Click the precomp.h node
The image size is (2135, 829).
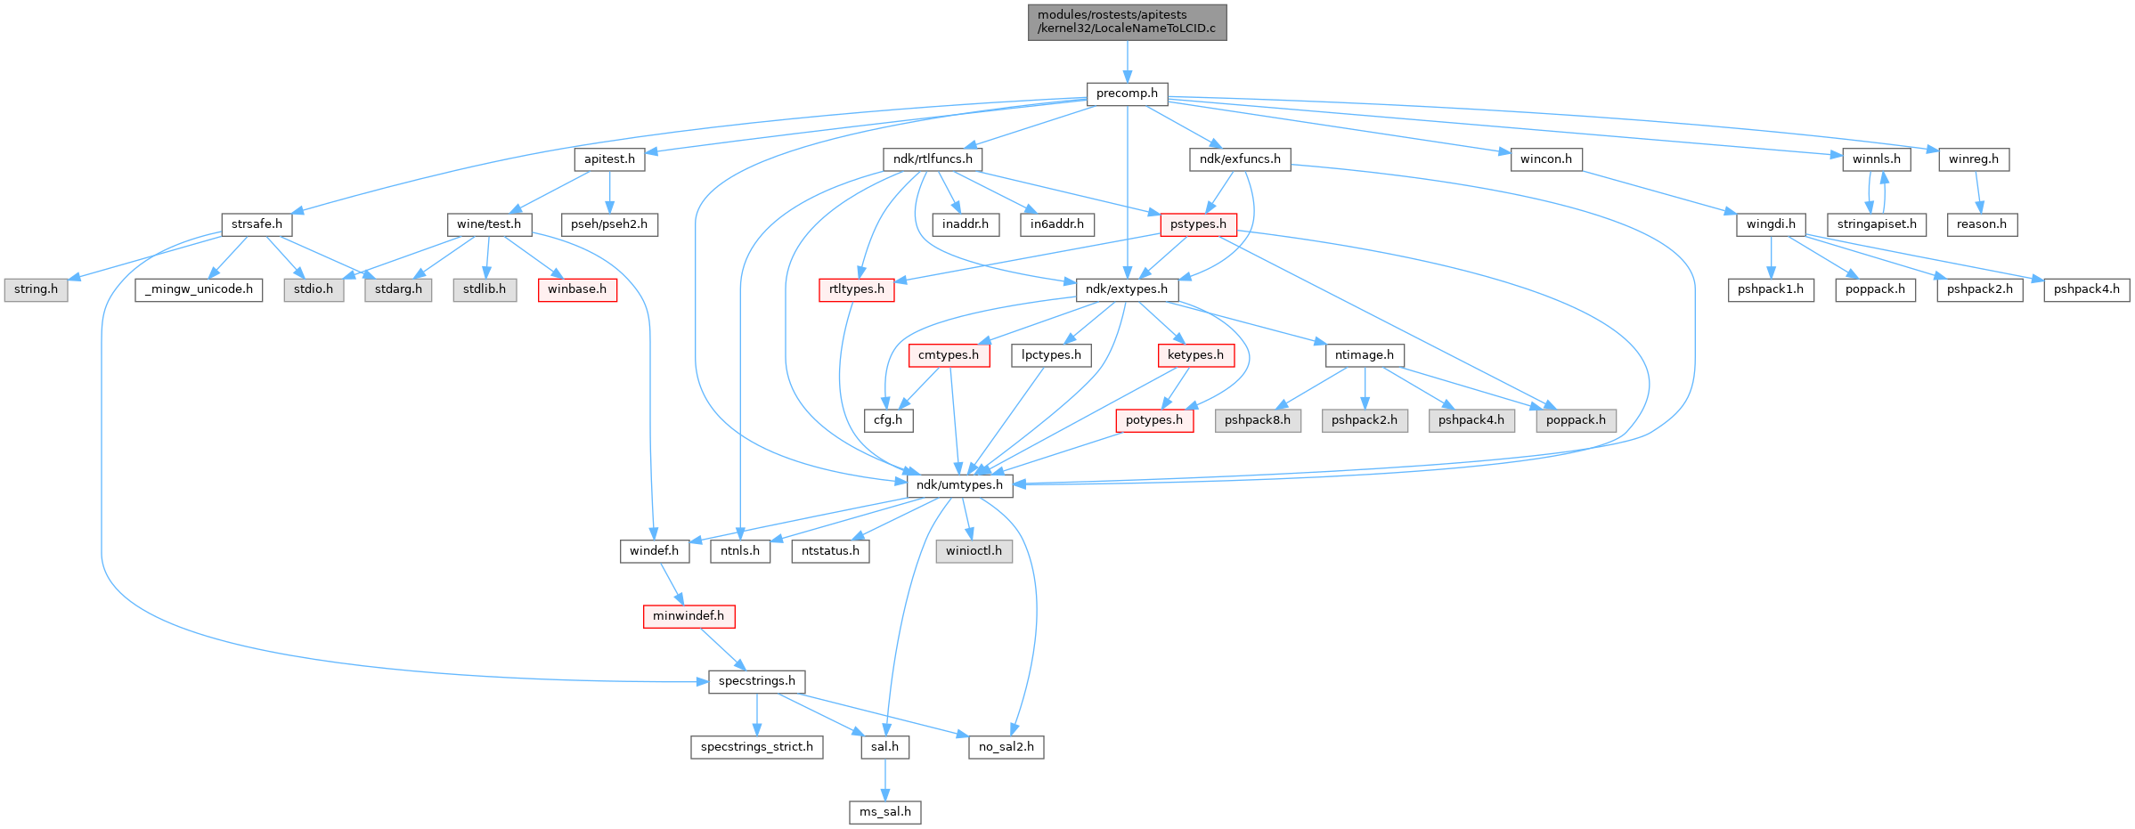1127,93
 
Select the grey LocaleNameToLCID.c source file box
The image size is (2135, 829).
1127,21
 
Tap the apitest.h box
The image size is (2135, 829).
609,159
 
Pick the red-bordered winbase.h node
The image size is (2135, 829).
577,289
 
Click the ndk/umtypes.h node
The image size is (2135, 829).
959,485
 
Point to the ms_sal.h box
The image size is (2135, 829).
884,812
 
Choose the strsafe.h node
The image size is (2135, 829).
257,224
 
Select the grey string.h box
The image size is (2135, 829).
36,289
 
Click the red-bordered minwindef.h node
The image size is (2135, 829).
689,616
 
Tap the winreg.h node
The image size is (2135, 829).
1973,159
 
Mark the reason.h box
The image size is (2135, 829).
1981,224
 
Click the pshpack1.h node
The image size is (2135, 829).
1770,289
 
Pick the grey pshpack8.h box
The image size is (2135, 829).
1257,420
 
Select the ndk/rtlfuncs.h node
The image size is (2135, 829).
933,159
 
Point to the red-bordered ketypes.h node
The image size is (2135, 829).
1195,355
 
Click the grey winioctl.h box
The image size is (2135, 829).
974,551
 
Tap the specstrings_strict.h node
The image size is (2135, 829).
756,747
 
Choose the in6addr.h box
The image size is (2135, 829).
1056,224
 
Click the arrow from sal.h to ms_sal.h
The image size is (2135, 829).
884,779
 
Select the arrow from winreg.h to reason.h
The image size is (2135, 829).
1976,191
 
